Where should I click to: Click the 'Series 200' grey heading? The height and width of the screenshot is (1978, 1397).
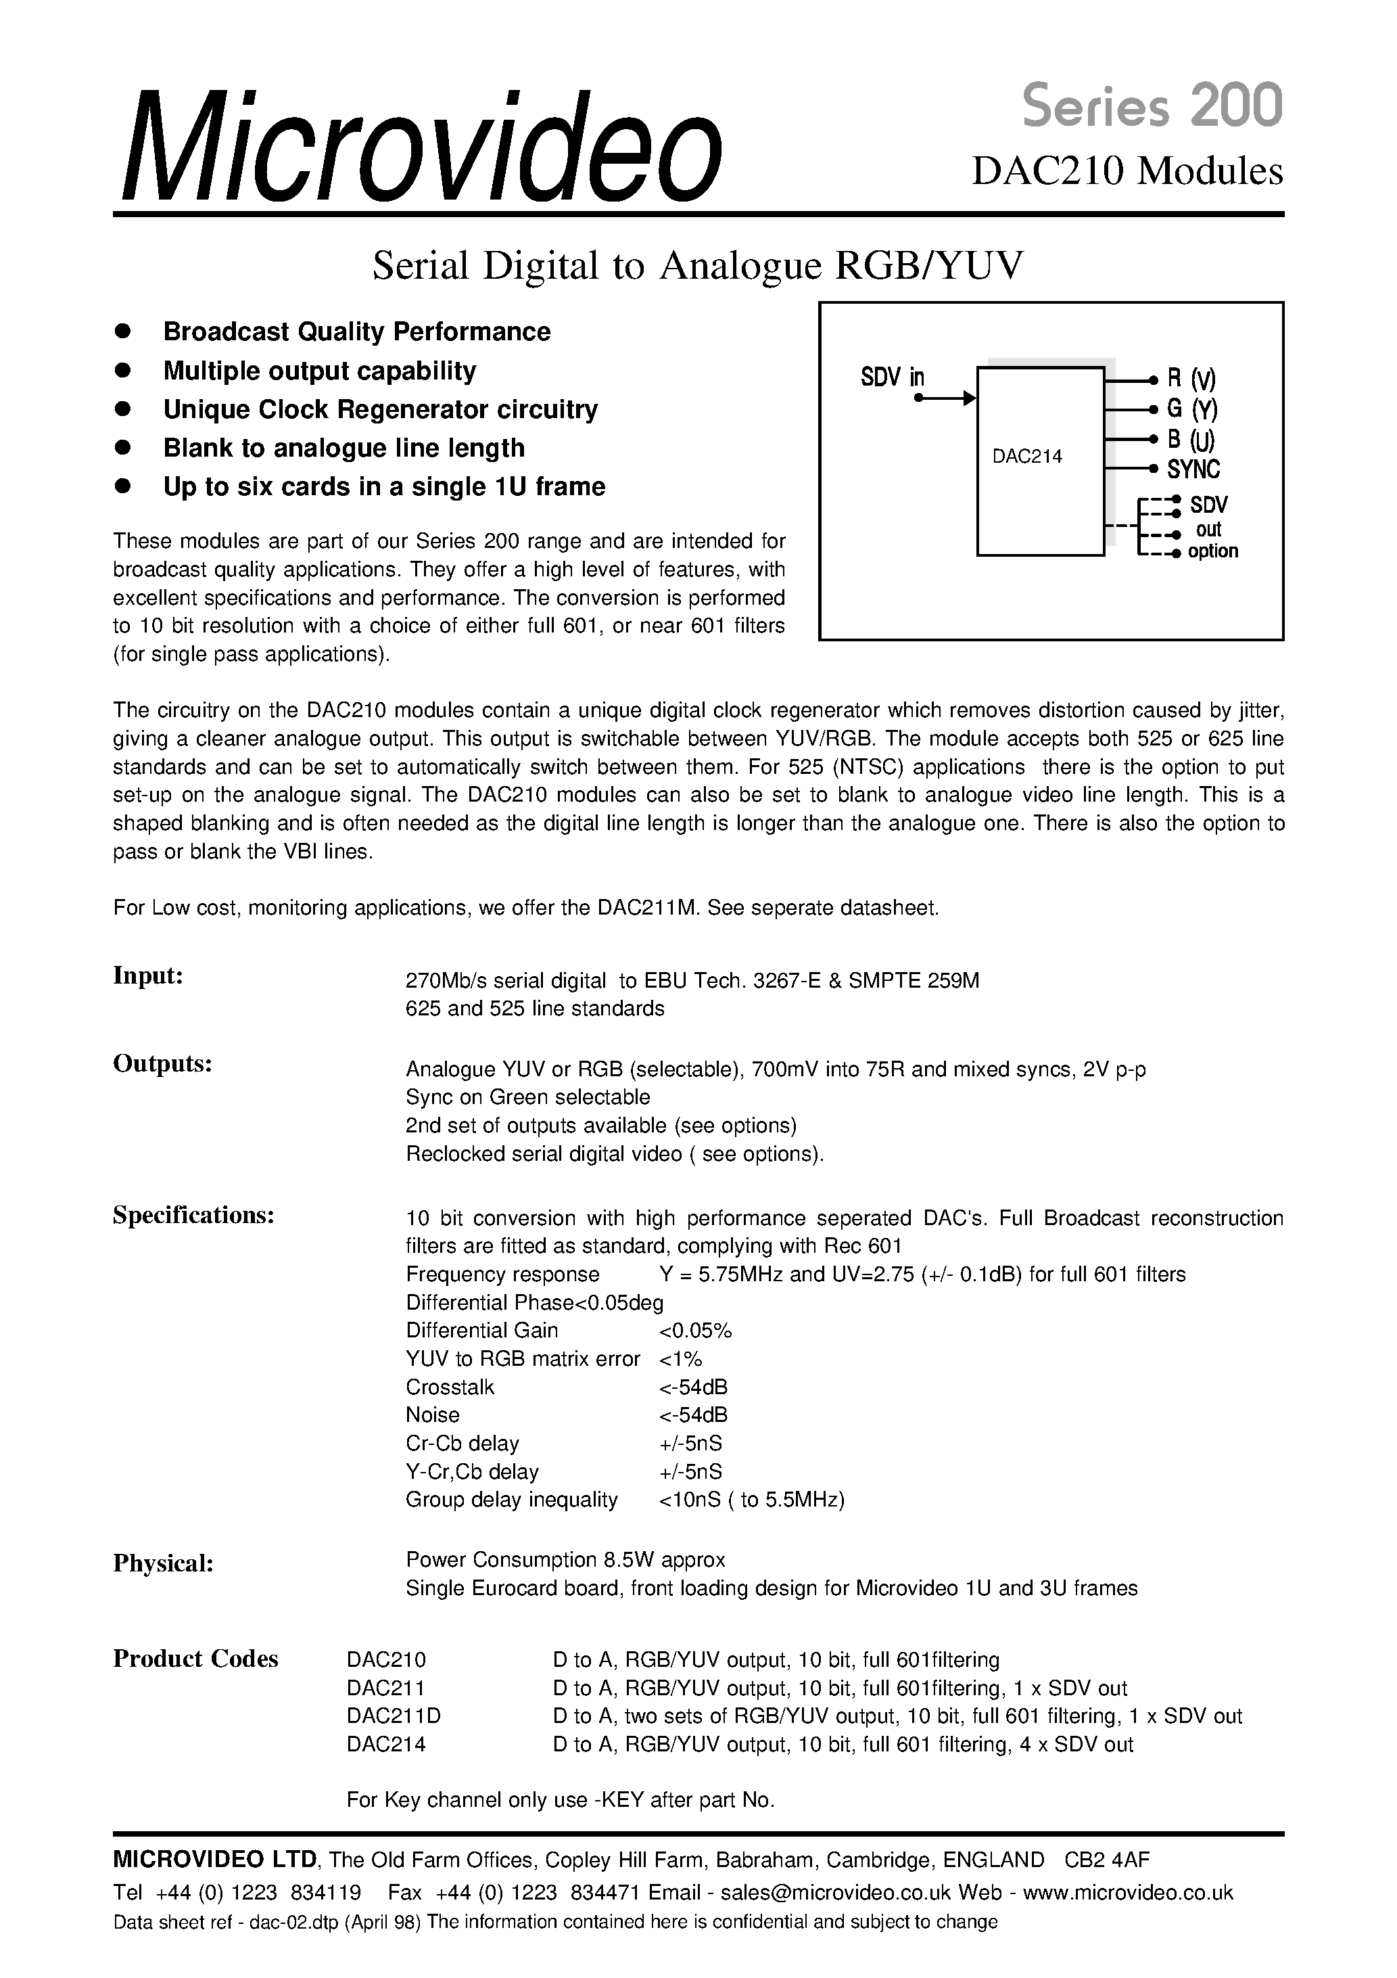1152,107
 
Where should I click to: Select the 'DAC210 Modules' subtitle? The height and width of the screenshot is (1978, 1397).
1127,170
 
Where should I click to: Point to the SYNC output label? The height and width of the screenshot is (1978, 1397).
1193,469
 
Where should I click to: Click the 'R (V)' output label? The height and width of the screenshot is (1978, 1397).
1191,379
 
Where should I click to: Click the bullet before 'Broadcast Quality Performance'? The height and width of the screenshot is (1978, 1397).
122,331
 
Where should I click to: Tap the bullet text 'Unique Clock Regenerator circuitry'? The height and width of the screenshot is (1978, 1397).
380,409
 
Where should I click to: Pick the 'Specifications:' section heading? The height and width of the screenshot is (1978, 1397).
194,1216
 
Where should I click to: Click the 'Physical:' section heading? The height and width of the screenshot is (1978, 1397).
163,1563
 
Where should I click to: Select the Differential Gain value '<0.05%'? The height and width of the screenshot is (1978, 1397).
695,1331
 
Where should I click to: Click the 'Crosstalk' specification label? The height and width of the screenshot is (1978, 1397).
450,1387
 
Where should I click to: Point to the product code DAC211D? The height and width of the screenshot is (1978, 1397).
393,1716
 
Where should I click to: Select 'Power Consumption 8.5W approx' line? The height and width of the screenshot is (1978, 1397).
565,1560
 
